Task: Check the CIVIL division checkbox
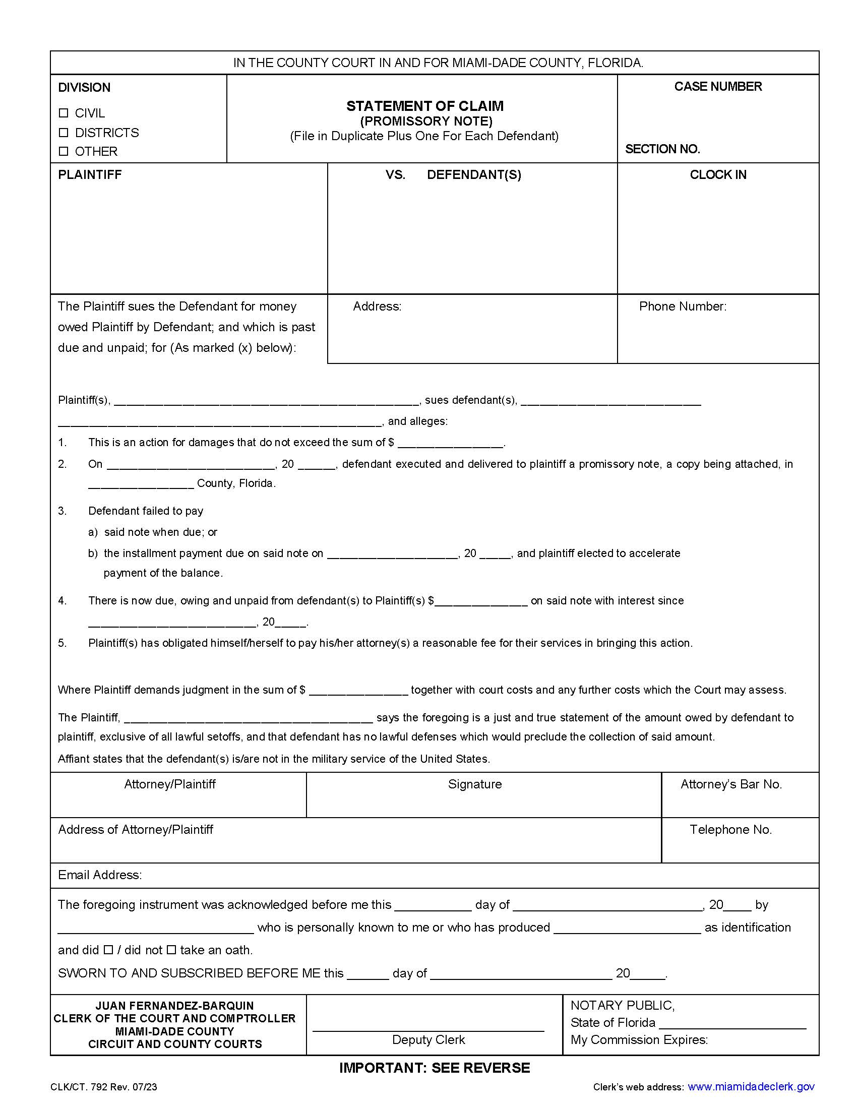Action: tap(64, 113)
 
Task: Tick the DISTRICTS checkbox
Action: tap(64, 133)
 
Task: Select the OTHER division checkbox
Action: tap(64, 151)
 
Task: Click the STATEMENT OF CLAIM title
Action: tap(425, 106)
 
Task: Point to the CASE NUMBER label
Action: tap(717, 87)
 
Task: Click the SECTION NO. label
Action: tap(662, 149)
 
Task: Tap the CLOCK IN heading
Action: tap(717, 175)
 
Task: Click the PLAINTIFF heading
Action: tap(90, 175)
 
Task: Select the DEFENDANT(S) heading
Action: tap(474, 175)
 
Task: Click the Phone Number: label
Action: tap(683, 306)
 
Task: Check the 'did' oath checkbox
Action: tap(108, 950)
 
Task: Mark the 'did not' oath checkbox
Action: tap(171, 950)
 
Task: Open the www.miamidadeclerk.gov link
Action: tap(751, 1087)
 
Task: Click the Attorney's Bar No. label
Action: tap(730, 784)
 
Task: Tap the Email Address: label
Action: tap(100, 875)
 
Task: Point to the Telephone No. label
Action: tap(730, 829)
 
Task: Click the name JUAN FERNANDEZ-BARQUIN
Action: tap(174, 1006)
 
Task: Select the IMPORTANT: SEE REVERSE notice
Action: tap(435, 1068)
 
